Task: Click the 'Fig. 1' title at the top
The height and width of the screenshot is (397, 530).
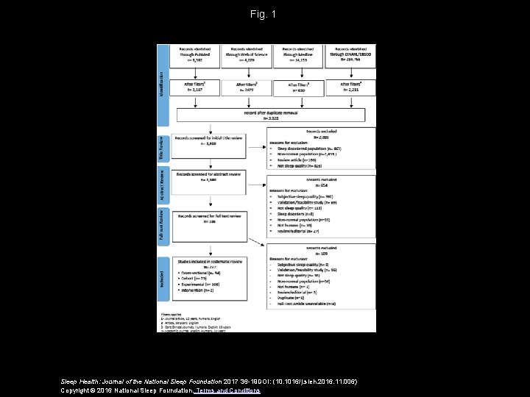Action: pos(263,14)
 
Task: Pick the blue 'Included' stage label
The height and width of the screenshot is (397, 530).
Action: pos(162,280)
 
